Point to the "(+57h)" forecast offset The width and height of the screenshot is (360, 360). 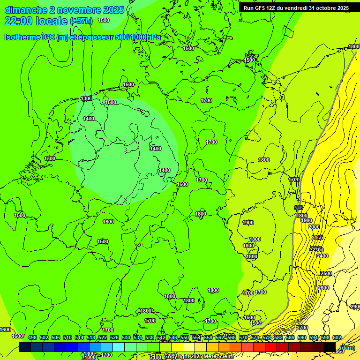point(82,21)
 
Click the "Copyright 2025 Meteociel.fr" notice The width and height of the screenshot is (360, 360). point(199,357)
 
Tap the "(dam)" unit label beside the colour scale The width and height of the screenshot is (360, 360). point(347,348)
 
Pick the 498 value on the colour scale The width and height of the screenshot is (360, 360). point(32,337)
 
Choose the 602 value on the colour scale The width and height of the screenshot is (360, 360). point(337,337)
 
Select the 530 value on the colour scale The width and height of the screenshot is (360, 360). point(126,337)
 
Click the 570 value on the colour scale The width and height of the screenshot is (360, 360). point(243,337)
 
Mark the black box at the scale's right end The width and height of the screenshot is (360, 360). point(330,347)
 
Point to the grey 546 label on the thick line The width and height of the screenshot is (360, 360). point(299,208)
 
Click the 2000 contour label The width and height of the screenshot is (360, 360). point(314,227)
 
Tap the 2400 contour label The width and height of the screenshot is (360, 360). point(322,256)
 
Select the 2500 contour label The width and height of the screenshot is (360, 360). point(326,273)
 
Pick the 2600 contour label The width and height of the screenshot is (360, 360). point(323,288)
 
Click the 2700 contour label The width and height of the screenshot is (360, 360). point(302,328)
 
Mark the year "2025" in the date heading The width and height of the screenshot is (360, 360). point(113,10)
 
